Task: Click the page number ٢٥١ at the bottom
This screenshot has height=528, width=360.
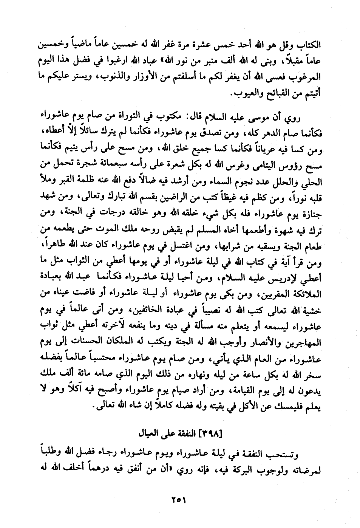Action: [x=180, y=500]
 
